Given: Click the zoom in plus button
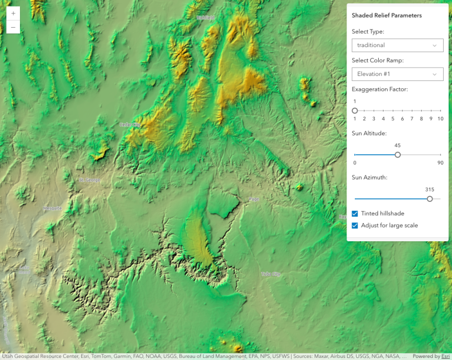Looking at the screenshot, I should (13, 13).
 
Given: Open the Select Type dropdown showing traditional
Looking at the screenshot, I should (397, 45).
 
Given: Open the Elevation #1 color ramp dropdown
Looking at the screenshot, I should (397, 74).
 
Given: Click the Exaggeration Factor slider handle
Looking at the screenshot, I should (355, 111).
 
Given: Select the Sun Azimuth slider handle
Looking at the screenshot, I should (430, 199).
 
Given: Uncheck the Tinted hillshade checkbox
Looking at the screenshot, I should (355, 214).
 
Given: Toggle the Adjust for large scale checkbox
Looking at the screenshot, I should (355, 226).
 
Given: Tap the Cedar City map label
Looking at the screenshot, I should (130, 125).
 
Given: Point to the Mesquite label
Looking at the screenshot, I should (53, 209).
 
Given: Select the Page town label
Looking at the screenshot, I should (254, 199).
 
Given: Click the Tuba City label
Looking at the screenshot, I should (271, 274).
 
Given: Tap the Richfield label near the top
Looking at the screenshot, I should (205, 18).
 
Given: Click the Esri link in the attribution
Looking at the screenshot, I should (445, 356).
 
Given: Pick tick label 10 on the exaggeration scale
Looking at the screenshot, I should (440, 119).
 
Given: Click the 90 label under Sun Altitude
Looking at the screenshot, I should (440, 163).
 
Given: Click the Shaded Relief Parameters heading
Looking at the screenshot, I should (386, 16).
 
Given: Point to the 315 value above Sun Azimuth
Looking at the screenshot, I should (429, 190).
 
